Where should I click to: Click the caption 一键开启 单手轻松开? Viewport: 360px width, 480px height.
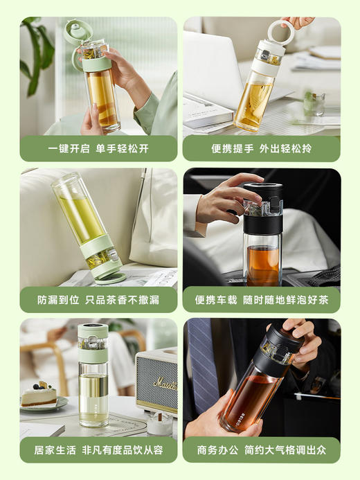click(x=98, y=148)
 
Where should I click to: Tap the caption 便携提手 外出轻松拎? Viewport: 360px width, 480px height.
click(x=262, y=148)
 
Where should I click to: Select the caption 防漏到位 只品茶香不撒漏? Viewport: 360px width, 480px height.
click(x=98, y=299)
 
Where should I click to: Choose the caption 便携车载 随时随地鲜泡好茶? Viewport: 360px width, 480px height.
click(x=262, y=299)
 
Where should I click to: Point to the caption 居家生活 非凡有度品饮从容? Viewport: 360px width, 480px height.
click(x=98, y=450)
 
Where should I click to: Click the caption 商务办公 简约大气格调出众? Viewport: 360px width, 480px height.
click(x=262, y=450)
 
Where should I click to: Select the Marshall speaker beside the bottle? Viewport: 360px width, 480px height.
click(x=156, y=381)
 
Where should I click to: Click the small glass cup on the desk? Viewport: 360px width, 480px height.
click(x=314, y=104)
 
